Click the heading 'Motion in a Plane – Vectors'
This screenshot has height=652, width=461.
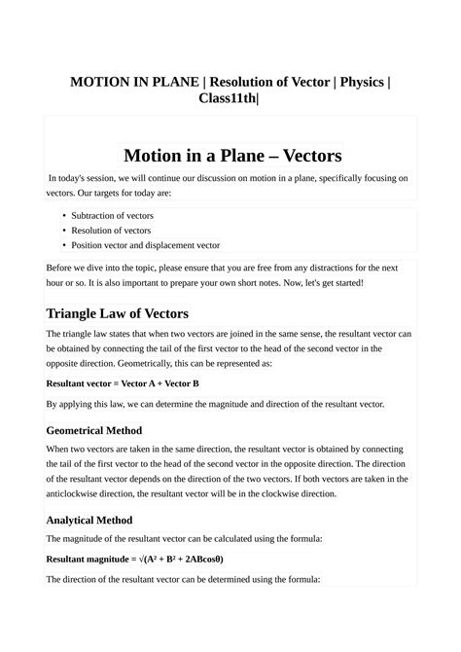pyautogui.click(x=230, y=156)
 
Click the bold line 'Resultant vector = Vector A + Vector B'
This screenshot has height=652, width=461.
pyautogui.click(x=123, y=383)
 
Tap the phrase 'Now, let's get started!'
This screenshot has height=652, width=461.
pyautogui.click(x=322, y=282)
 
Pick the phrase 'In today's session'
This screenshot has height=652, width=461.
pyautogui.click(x=83, y=179)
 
